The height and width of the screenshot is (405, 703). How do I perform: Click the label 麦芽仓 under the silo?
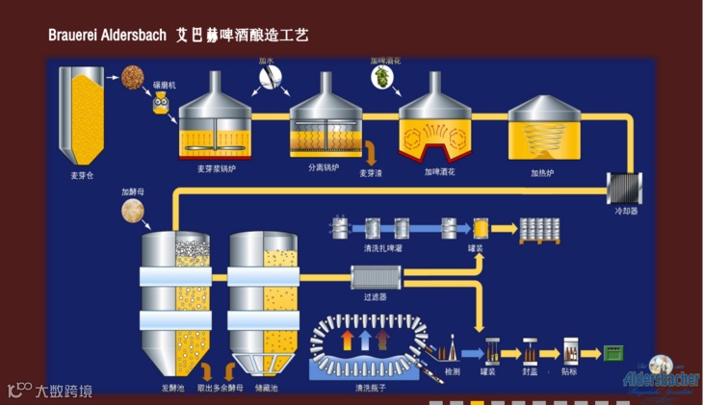pos(83,176)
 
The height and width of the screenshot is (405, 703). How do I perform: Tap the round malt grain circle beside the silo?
pos(132,75)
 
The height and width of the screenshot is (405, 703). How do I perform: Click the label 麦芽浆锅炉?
pos(217,169)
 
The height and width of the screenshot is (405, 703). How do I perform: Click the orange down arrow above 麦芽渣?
pos(371,152)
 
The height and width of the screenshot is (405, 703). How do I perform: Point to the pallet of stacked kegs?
pos(540,229)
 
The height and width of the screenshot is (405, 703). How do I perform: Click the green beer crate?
pos(612,353)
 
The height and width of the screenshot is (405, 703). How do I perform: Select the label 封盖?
pos(531,372)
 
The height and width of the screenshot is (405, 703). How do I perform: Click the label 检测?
pos(453,371)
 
